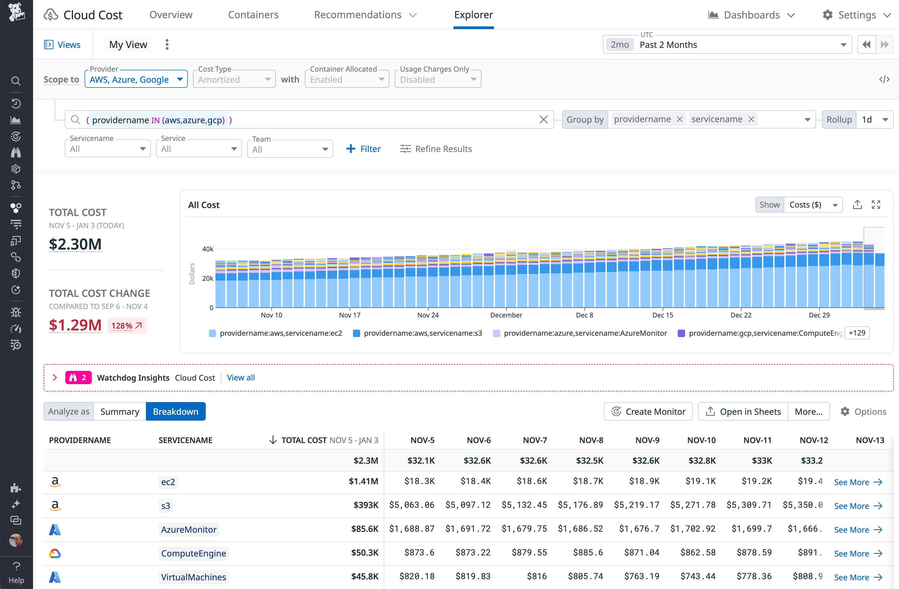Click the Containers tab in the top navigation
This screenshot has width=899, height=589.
(x=253, y=15)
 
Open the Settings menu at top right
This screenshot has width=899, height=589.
(x=856, y=15)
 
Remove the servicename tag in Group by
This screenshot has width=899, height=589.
(x=751, y=119)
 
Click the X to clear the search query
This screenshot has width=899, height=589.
(x=543, y=120)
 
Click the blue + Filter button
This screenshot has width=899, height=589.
(x=363, y=149)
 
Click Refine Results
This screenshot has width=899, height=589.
(x=436, y=149)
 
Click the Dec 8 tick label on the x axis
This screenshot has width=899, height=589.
(x=584, y=315)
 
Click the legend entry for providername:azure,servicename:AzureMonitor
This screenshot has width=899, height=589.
(x=585, y=333)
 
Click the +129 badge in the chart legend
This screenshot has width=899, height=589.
(x=857, y=333)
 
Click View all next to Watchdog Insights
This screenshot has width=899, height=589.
(x=241, y=378)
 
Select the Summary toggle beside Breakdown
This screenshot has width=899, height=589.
(x=120, y=412)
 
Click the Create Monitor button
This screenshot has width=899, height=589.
(x=648, y=412)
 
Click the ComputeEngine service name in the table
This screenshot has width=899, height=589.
(x=193, y=554)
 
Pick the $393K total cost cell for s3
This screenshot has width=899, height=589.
(x=366, y=505)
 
